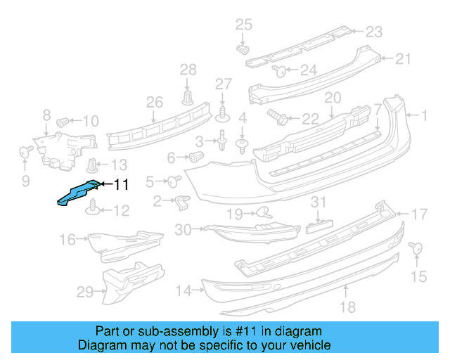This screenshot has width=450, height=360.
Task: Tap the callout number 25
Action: pyautogui.click(x=243, y=26)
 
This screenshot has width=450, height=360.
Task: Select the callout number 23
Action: pyautogui.click(x=373, y=32)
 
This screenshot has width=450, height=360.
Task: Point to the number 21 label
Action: pyautogui.click(x=402, y=59)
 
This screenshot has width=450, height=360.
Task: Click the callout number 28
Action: pyautogui.click(x=188, y=70)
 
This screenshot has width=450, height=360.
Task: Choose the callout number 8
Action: pyautogui.click(x=47, y=114)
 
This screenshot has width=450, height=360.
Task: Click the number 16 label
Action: pyautogui.click(x=67, y=240)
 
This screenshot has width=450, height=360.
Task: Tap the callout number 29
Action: pyautogui.click(x=85, y=292)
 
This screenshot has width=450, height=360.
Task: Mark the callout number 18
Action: pyautogui.click(x=347, y=307)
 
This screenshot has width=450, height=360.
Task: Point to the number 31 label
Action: pyautogui.click(x=319, y=202)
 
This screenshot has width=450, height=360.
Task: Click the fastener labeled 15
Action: pyautogui.click(x=416, y=247)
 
